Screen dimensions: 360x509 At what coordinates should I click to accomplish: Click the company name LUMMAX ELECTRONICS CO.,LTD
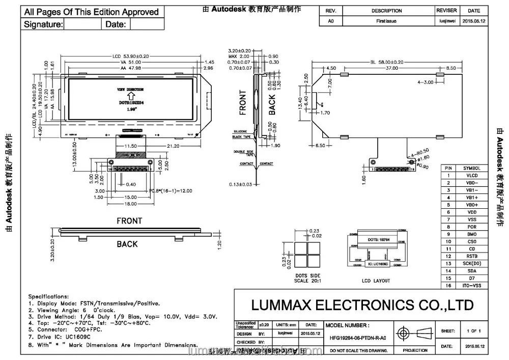click(362, 305)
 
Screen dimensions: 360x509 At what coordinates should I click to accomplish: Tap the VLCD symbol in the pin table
click(471, 175)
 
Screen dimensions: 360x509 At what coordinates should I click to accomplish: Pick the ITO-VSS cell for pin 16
click(471, 286)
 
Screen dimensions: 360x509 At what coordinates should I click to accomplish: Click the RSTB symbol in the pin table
click(471, 256)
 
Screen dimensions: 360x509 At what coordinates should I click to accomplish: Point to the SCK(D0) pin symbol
click(471, 264)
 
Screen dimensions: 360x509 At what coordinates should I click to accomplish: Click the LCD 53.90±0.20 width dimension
click(130, 56)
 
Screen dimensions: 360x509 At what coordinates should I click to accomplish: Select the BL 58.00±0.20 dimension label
click(388, 62)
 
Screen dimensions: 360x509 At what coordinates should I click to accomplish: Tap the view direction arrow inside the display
click(130, 95)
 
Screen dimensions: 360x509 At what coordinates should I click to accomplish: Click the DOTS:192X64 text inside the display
click(130, 103)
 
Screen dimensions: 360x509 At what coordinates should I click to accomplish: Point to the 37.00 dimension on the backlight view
click(391, 68)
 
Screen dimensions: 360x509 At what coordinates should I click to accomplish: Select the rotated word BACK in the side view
click(272, 104)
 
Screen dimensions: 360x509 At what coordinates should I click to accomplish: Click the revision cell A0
click(331, 21)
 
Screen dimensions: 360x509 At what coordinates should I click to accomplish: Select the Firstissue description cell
click(386, 21)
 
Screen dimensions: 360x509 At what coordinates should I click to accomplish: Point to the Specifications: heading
click(48, 296)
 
